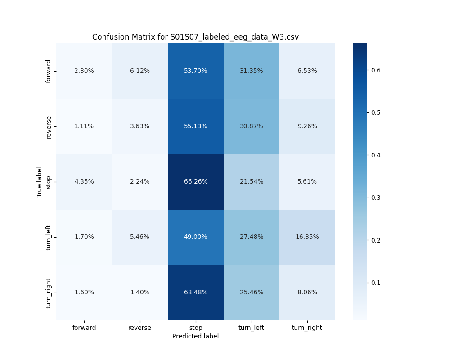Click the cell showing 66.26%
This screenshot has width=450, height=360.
196,181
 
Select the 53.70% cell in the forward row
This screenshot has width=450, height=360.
196,71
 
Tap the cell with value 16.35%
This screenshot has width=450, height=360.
307,237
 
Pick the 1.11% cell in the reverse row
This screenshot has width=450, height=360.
84,126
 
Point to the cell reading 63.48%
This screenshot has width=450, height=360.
196,292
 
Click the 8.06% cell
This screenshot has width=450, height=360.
307,292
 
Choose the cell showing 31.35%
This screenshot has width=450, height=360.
252,71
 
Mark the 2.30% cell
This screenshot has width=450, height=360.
84,71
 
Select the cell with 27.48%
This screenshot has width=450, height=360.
252,237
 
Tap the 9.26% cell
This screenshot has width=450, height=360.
307,126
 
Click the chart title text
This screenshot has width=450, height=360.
195,37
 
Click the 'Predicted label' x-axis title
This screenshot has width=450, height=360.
195,336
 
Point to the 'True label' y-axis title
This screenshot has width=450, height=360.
40,182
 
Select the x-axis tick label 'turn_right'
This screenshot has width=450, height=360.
307,328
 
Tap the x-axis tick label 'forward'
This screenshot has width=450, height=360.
84,328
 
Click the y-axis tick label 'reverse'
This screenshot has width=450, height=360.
49,126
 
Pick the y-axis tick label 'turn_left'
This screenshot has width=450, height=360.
49,237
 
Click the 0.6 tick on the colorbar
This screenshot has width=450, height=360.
376,70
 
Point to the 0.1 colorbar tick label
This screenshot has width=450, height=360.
376,283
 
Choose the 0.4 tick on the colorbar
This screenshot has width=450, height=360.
376,155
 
